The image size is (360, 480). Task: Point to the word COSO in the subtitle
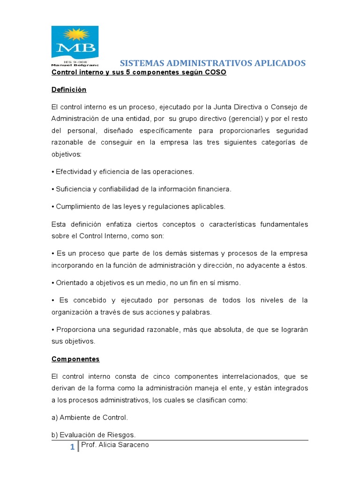[x=216, y=73]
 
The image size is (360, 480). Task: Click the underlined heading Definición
[x=69, y=90]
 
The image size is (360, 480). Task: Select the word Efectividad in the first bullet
[x=73, y=172]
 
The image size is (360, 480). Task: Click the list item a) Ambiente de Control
[x=90, y=417]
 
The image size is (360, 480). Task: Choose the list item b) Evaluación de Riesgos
[x=93, y=435]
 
